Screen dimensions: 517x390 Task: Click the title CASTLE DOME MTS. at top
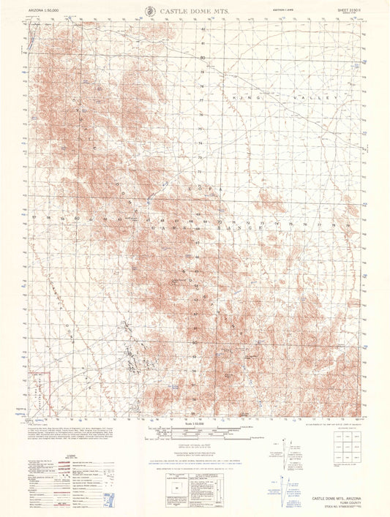[x=192, y=12]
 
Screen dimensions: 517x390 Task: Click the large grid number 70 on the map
[x=220, y=222]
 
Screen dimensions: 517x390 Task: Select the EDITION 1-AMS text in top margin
[x=273, y=11]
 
